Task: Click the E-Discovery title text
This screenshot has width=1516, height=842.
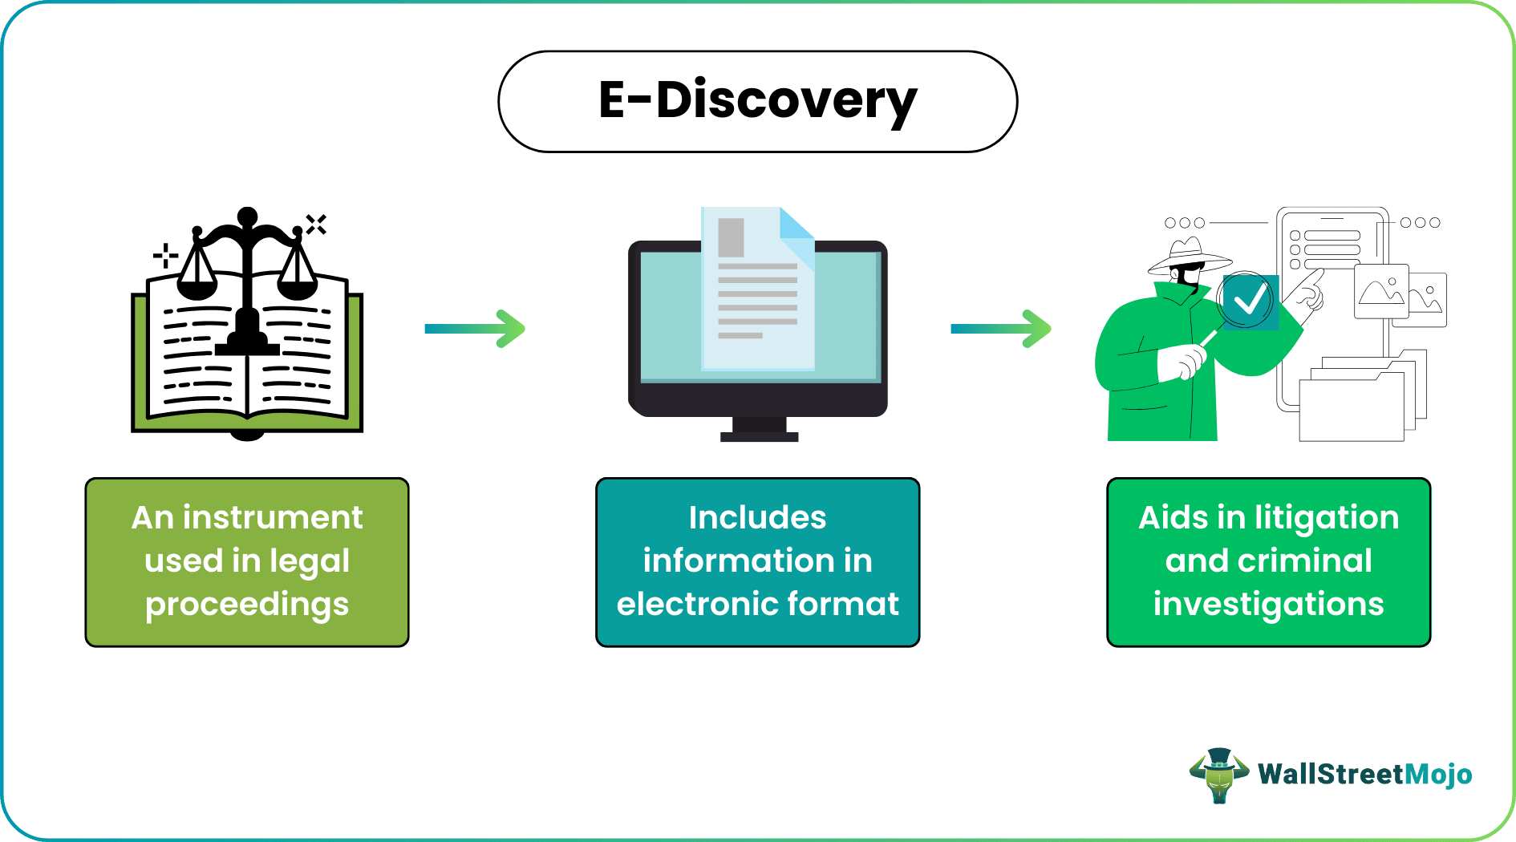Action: point(757,100)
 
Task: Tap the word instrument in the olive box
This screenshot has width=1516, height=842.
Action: point(273,518)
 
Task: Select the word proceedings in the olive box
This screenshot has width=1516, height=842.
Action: point(247,605)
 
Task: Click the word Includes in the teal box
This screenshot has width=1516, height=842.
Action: point(757,518)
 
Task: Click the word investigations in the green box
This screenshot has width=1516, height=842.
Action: point(1268,604)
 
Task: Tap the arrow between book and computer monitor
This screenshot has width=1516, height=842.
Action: point(475,329)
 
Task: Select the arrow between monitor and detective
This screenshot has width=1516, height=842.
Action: point(1000,329)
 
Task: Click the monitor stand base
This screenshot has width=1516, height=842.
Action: point(759,436)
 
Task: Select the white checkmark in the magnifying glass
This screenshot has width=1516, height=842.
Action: point(1250,302)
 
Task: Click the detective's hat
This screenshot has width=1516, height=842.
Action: point(1188,256)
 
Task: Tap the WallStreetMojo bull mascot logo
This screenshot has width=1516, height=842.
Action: point(1218,775)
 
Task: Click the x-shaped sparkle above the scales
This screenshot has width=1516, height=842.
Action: point(316,225)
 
